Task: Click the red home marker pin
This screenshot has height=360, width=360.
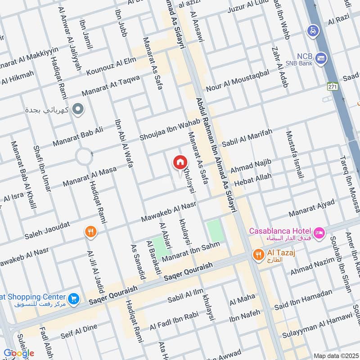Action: pos(180,162)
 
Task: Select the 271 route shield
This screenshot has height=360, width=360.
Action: pos(332,86)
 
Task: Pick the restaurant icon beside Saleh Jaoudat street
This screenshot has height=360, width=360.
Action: pos(90,232)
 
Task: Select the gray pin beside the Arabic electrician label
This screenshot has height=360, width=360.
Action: pos(78,109)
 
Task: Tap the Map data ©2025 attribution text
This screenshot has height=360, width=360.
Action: pos(335,356)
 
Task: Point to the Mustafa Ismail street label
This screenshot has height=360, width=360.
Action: pos(294,155)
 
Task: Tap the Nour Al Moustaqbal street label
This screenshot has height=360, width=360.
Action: pos(238,80)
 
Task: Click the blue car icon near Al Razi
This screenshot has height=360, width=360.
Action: pos(312,31)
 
